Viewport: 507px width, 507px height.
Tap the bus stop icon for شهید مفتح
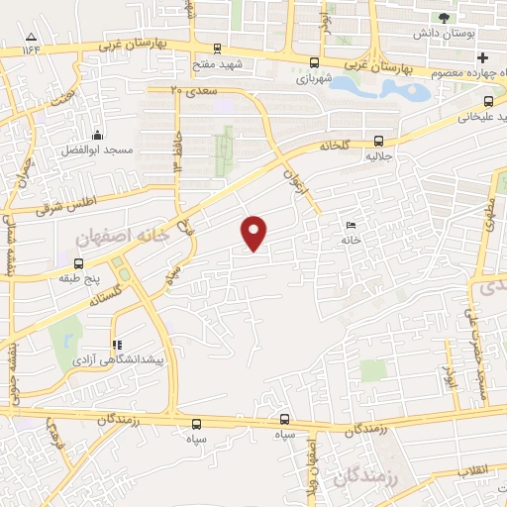pos(217,48)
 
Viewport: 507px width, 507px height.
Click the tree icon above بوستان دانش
pos(445,18)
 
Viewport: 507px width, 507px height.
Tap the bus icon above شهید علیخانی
pos(488,101)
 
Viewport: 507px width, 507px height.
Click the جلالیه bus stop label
pos(379,155)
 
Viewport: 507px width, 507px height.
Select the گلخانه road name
pos(335,145)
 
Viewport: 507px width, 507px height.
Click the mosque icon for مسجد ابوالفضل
pos(97,136)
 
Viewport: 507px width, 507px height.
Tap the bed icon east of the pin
pos(351,226)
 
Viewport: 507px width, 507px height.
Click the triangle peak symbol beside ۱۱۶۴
pos(32,42)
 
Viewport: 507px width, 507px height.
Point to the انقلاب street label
pos(474,472)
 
